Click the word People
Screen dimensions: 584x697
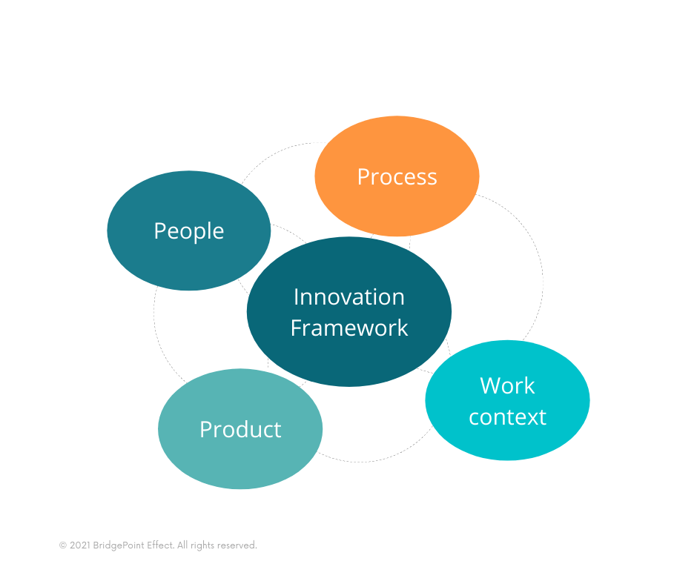click(x=188, y=231)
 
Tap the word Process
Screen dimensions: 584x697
click(x=397, y=177)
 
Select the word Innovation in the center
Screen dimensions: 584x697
click(x=348, y=296)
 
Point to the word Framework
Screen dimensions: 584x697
click(x=348, y=328)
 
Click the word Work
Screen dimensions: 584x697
click(x=507, y=385)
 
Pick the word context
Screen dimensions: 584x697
click(x=507, y=417)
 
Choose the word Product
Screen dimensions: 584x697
click(x=240, y=430)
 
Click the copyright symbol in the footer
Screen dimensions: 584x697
click(x=62, y=545)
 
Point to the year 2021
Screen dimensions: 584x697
click(x=79, y=545)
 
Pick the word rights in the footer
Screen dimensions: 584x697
click(x=204, y=545)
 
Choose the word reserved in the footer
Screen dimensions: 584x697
click(x=238, y=545)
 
